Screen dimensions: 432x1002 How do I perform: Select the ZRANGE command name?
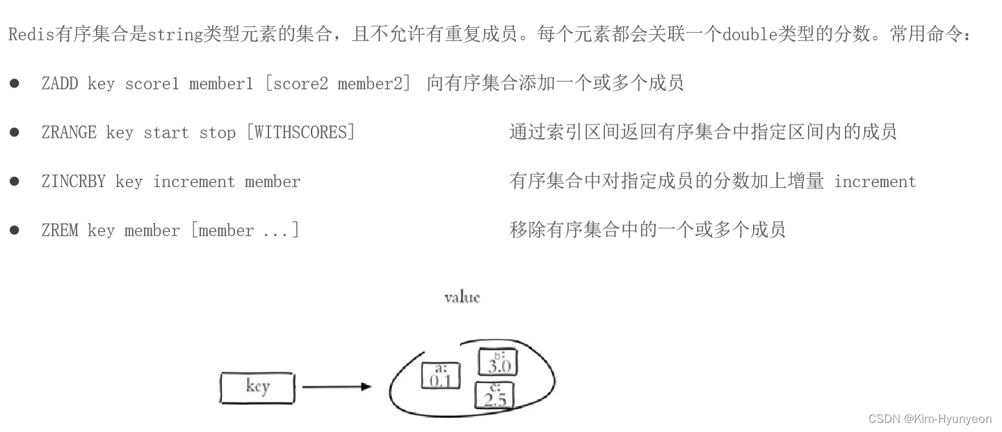pos(69,132)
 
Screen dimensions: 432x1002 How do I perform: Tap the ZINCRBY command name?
pos(74,182)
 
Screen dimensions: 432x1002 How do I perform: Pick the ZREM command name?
pos(60,230)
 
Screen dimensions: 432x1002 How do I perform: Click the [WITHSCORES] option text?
pos(300,132)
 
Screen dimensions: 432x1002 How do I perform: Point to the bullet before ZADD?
pos(15,83)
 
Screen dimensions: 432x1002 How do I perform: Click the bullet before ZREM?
pos(15,230)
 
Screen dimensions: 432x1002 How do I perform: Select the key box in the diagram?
pos(257,387)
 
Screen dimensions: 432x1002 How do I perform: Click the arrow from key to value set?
pos(337,387)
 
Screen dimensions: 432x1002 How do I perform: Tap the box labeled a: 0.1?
pos(441,375)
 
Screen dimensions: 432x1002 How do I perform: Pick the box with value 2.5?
pos(494,394)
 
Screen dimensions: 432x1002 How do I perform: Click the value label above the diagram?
pos(462,298)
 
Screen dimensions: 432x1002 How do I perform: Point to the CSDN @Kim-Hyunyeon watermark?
pos(930,419)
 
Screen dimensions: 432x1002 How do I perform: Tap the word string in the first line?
pos(175,35)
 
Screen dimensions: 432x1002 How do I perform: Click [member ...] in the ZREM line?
pos(245,230)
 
